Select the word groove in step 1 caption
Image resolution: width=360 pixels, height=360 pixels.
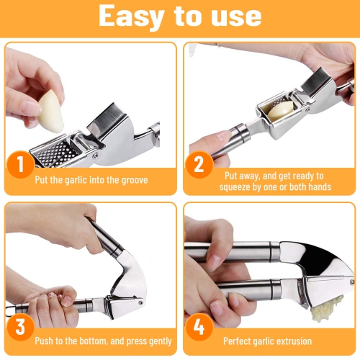132,180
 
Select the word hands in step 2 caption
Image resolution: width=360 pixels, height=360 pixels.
319,187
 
